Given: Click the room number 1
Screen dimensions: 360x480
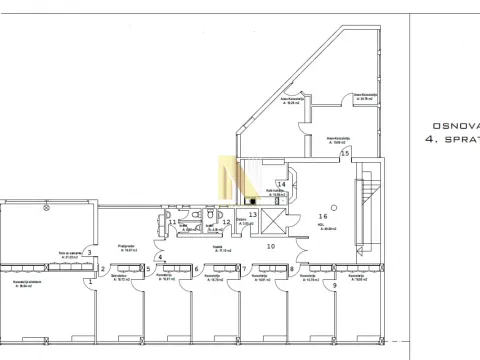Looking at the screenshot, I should click(x=91, y=281).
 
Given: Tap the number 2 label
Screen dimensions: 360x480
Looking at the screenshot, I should click(x=103, y=269).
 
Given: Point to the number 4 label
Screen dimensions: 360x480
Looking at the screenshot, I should click(x=159, y=257).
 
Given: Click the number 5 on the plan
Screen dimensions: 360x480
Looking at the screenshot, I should click(x=148, y=268).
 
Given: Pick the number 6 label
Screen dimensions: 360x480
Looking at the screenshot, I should click(x=196, y=268).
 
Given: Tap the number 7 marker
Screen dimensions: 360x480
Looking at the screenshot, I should click(x=244, y=268).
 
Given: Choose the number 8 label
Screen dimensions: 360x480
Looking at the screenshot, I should click(x=291, y=268).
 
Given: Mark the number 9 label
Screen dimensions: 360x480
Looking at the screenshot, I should click(x=334, y=286).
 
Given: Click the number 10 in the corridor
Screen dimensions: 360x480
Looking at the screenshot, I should click(x=269, y=245).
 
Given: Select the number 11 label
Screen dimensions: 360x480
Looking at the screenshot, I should click(x=172, y=222).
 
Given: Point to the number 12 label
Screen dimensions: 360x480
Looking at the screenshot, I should click(x=226, y=222).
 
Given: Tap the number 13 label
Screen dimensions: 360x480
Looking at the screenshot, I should click(x=253, y=214).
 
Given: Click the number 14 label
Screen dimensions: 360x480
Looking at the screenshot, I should click(x=282, y=184).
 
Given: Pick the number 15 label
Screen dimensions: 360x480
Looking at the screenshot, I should click(x=345, y=154).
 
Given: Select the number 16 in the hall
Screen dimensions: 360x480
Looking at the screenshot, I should click(x=323, y=215).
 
